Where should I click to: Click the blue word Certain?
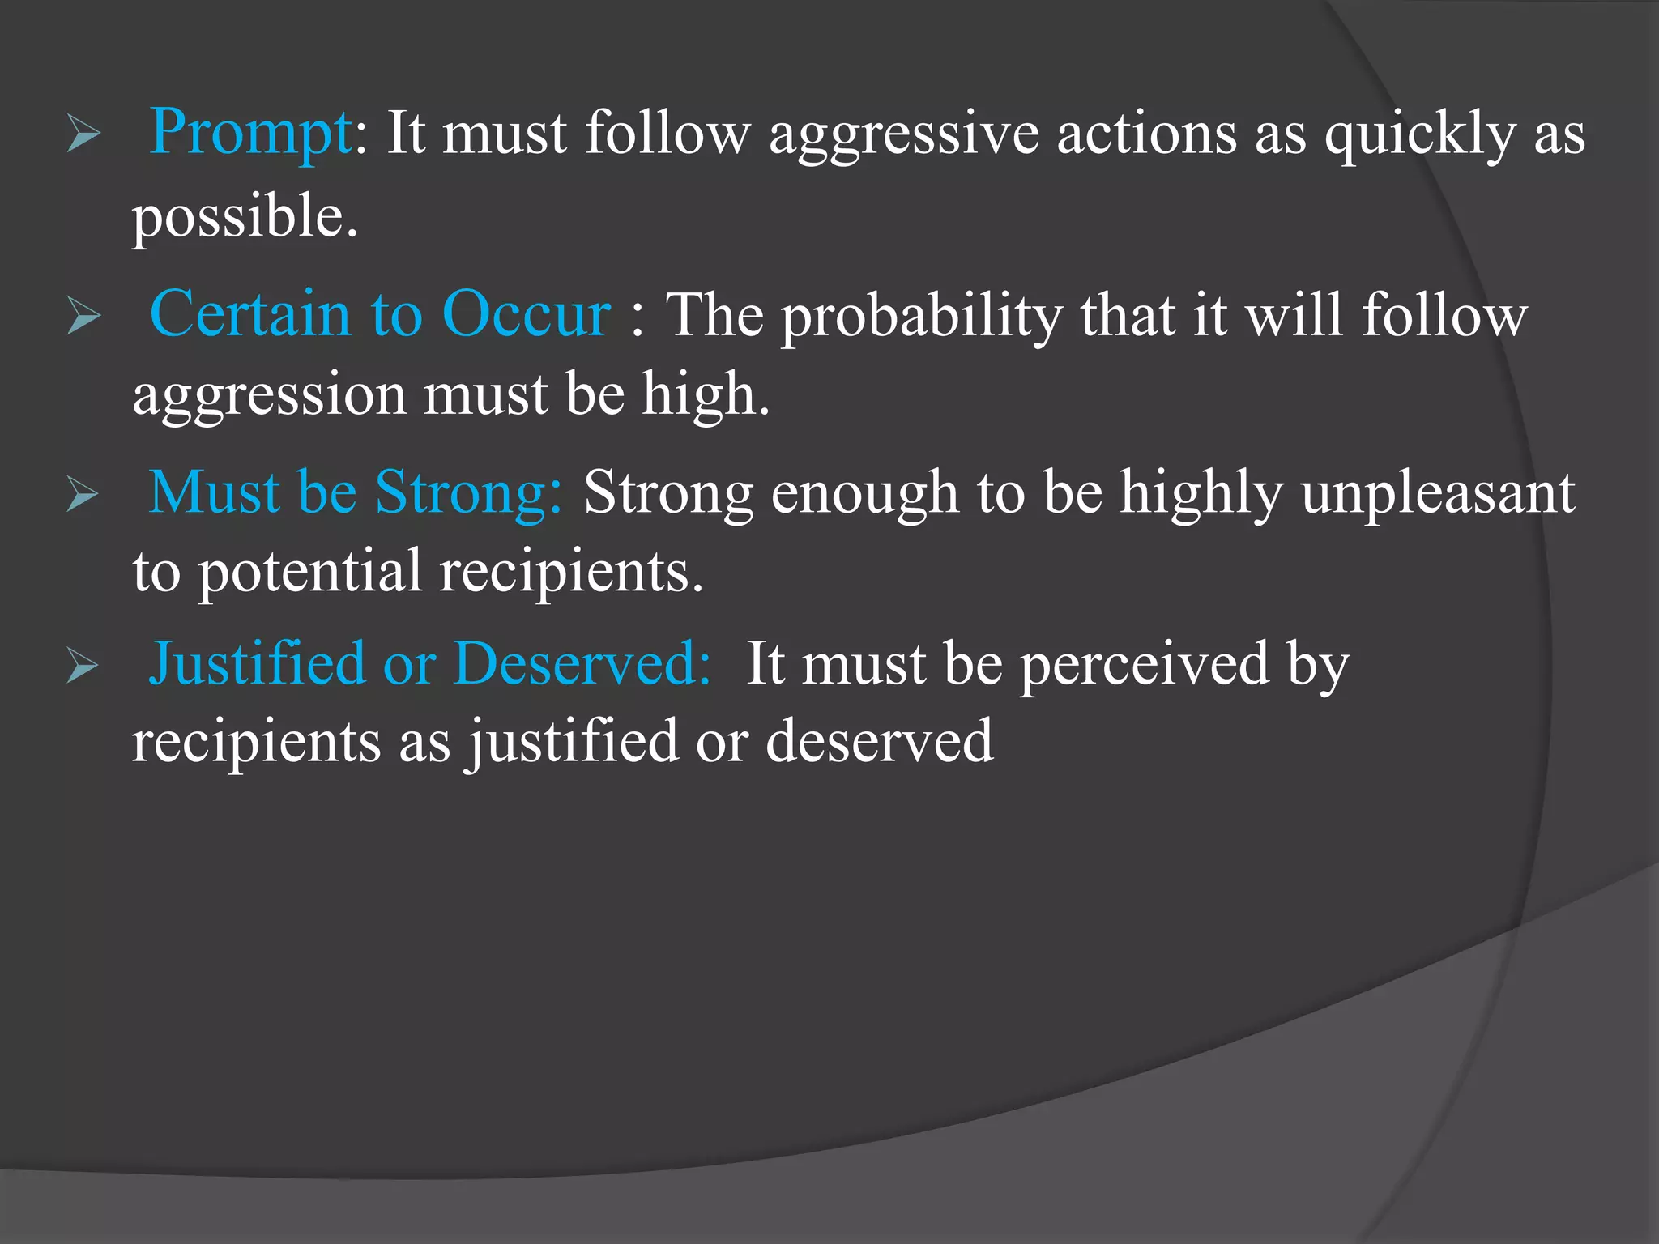click(x=250, y=314)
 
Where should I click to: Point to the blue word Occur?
click(x=527, y=314)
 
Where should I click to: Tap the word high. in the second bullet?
click(x=706, y=394)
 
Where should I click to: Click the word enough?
click(x=865, y=494)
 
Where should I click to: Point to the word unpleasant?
click(x=1438, y=494)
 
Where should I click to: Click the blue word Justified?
click(x=258, y=664)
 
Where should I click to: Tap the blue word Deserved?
click(x=582, y=664)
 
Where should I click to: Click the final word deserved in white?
click(x=879, y=741)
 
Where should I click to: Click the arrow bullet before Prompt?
click(x=83, y=134)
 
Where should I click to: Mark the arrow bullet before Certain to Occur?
click(x=83, y=315)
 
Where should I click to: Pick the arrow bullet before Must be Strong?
click(x=83, y=493)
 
